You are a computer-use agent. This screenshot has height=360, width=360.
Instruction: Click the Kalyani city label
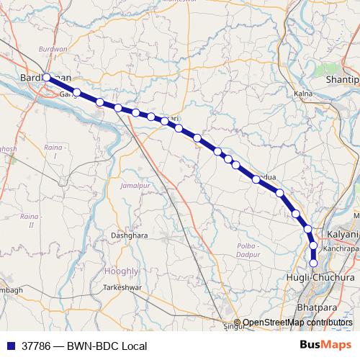(x=342, y=235)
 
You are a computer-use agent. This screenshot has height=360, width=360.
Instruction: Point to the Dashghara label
(x=130, y=235)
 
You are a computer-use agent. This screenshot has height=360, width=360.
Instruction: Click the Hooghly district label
(x=121, y=271)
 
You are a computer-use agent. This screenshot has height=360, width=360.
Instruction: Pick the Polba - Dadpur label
(x=248, y=250)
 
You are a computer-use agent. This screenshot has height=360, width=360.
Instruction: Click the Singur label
(x=233, y=326)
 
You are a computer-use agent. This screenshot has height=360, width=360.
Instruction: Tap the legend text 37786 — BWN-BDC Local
(x=85, y=346)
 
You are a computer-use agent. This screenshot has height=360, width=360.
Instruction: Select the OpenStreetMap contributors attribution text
(x=297, y=323)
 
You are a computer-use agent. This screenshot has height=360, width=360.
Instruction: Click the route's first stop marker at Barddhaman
(x=47, y=77)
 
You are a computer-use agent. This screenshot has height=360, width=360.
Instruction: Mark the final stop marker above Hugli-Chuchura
(x=313, y=263)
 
